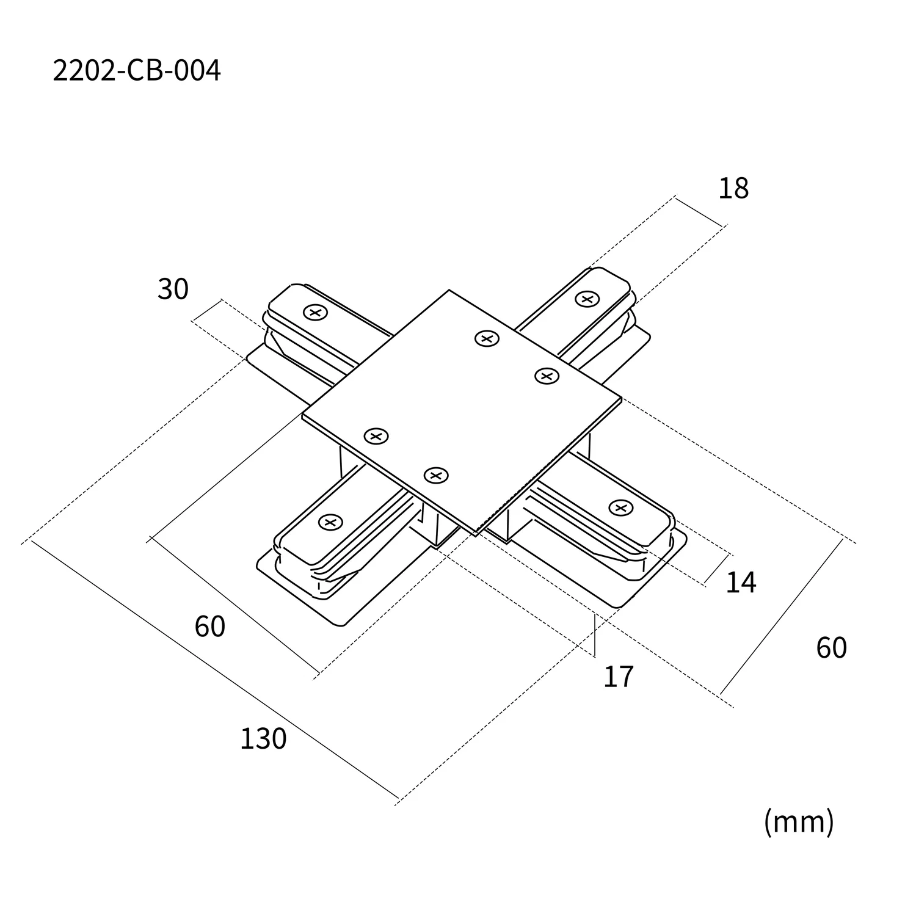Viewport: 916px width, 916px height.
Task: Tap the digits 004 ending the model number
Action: (197, 71)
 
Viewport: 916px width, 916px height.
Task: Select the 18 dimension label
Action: (733, 189)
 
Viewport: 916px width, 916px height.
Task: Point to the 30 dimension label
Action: (173, 289)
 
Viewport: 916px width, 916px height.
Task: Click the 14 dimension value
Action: (740, 583)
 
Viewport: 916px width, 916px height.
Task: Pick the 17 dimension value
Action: (618, 677)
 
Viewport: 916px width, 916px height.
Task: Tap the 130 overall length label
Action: (263, 739)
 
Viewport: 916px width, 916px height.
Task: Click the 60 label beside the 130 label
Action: (209, 627)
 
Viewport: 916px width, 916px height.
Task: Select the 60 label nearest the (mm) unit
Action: (831, 647)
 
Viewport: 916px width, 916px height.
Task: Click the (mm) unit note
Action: (798, 822)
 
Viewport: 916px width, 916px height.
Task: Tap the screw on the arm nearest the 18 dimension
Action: (587, 299)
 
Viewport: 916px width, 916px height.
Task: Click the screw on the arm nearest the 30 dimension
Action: (315, 313)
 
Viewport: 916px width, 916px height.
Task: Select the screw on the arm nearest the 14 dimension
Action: (620, 507)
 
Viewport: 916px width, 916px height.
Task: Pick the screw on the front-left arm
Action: (330, 522)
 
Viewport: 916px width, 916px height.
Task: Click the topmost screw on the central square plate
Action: (487, 338)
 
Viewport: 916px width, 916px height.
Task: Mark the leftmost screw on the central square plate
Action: (376, 436)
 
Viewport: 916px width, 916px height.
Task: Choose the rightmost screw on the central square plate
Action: (547, 376)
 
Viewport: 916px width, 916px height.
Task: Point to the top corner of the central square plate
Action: (449, 291)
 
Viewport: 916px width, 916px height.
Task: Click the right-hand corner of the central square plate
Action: (621, 398)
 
